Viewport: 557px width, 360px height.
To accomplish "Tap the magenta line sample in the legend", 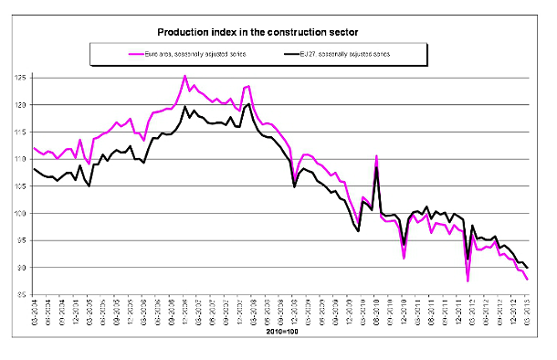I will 112,55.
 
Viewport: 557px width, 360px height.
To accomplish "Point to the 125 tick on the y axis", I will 21,78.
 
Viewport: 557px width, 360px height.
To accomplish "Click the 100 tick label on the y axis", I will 21,214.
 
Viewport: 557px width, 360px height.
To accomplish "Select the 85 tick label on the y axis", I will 21,295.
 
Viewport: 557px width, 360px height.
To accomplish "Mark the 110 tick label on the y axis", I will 21,159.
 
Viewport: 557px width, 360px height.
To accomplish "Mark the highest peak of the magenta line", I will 185,76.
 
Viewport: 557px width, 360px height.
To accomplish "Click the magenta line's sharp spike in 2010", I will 376,156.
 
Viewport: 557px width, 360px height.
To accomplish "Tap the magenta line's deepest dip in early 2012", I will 468,281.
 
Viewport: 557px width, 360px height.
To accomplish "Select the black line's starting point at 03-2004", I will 34,169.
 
